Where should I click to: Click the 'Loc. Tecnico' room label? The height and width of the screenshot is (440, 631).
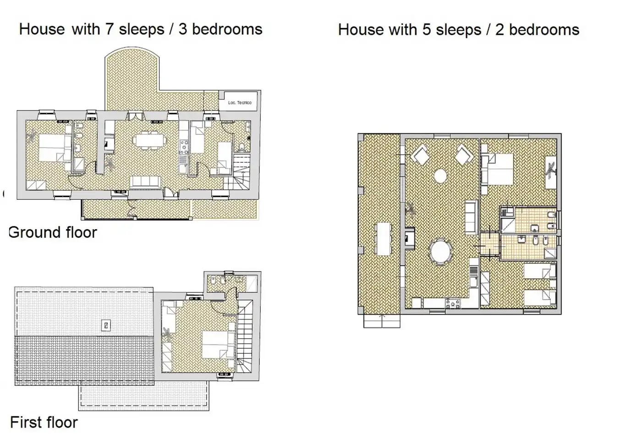pyautogui.click(x=240, y=103)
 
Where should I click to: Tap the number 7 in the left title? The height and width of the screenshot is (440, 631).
pyautogui.click(x=110, y=29)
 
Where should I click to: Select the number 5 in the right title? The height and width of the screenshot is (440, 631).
pyautogui.click(x=427, y=30)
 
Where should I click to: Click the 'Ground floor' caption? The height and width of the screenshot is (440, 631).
pyautogui.click(x=53, y=233)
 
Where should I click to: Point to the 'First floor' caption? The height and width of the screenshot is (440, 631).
pyautogui.click(x=44, y=423)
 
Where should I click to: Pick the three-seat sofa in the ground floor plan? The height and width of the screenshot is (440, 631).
pyautogui.click(x=145, y=182)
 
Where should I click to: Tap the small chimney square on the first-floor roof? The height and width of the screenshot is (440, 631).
pyautogui.click(x=106, y=325)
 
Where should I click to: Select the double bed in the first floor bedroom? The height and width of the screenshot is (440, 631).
pyautogui.click(x=218, y=345)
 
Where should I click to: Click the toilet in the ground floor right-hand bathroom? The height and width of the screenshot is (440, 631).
pyautogui.click(x=241, y=147)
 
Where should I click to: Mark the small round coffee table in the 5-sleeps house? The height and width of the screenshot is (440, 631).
pyautogui.click(x=440, y=176)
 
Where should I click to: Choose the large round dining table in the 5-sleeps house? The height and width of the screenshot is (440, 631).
pyautogui.click(x=440, y=251)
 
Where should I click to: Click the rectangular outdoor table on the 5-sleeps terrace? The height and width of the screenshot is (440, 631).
pyautogui.click(x=384, y=239)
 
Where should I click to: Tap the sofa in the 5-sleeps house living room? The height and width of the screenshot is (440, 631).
pyautogui.click(x=471, y=217)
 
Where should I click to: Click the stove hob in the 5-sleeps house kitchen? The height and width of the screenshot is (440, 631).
pyautogui.click(x=453, y=303)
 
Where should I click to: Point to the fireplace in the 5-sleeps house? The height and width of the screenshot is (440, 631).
pyautogui.click(x=410, y=238)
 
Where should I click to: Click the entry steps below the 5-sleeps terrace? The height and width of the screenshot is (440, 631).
pyautogui.click(x=382, y=321)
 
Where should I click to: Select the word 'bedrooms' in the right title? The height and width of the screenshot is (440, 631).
pyautogui.click(x=544, y=30)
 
